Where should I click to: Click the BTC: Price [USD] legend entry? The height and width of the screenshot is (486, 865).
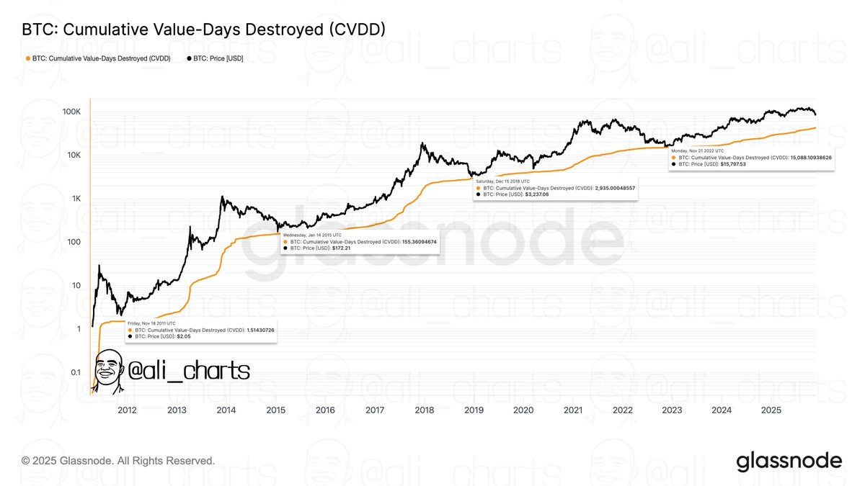coord(214,58)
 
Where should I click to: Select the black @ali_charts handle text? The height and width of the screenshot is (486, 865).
coord(188,371)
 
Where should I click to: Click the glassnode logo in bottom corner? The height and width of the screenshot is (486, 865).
coord(789,461)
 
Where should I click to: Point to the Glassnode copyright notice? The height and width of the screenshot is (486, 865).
coord(118,460)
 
